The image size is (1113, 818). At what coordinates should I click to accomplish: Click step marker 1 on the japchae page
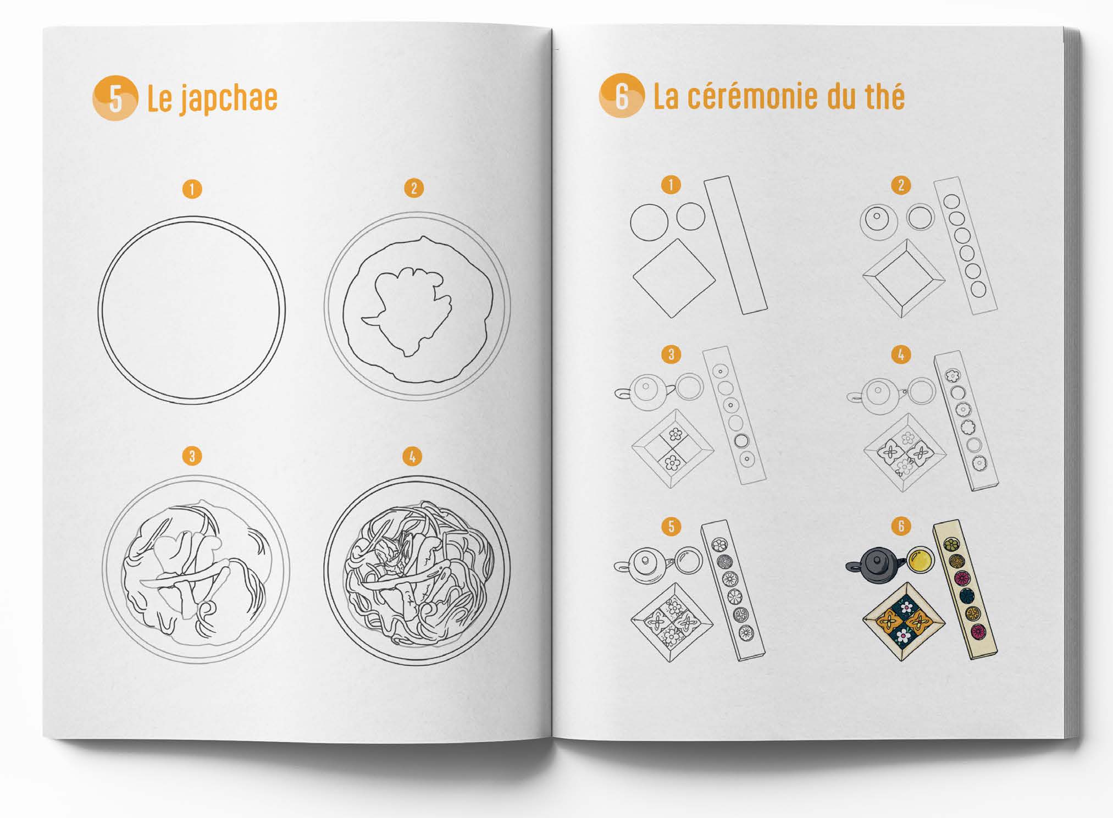click(192, 189)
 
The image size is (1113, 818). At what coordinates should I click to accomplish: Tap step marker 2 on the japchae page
click(414, 189)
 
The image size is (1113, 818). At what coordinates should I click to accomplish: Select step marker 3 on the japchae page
click(192, 456)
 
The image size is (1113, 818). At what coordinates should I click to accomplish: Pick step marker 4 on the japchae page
click(412, 456)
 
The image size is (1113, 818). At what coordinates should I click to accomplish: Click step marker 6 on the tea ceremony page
click(900, 526)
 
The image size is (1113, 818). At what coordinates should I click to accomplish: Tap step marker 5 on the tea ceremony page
click(671, 526)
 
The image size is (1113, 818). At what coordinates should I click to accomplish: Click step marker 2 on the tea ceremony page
click(900, 185)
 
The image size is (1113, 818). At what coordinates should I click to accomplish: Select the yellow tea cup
click(920, 560)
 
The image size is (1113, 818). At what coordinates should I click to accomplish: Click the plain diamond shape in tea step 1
click(674, 278)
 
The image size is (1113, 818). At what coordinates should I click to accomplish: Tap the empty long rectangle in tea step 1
click(735, 245)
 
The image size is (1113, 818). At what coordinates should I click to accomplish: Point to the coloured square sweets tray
click(904, 621)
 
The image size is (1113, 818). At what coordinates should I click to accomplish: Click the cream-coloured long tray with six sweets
click(965, 589)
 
